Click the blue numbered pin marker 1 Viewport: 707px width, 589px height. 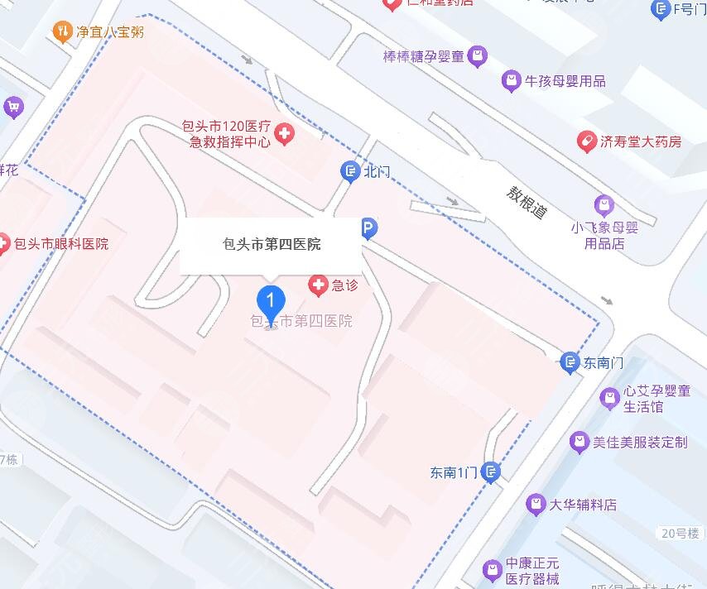[271, 300]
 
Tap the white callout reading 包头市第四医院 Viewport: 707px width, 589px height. [272, 244]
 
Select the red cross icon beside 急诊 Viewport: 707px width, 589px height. [318, 286]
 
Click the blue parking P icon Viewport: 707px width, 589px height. [368, 227]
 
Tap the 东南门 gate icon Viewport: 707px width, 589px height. [570, 362]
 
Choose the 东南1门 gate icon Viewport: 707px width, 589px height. [491, 472]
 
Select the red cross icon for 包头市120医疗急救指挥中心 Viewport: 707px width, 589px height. [285, 134]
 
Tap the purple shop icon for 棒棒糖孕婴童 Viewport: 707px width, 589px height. [477, 57]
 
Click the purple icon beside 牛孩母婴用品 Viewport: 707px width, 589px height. [512, 81]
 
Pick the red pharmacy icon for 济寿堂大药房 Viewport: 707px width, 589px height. [587, 141]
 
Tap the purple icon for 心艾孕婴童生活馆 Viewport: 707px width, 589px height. [609, 399]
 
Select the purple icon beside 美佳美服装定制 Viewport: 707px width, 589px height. [580, 442]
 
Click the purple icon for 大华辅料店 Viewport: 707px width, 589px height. [536, 504]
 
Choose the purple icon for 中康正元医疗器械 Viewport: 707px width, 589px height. [493, 569]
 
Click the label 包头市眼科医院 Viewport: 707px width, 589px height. [60, 244]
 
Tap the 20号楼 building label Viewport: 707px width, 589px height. [680, 533]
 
